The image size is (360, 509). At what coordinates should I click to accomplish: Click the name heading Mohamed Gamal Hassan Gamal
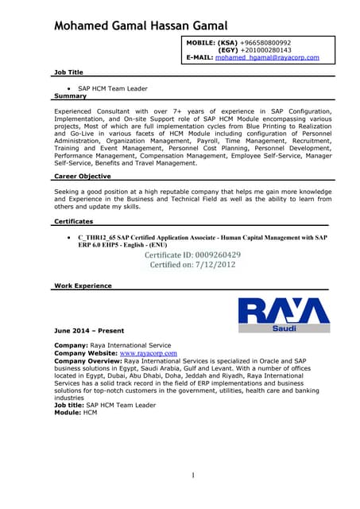point(140,25)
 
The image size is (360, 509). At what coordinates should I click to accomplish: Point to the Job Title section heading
point(69,72)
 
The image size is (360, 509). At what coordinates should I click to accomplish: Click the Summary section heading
point(70,95)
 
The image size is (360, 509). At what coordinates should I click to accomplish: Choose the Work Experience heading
point(83,285)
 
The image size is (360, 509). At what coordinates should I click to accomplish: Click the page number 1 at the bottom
point(192,476)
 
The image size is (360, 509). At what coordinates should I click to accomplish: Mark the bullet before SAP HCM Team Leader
point(71,88)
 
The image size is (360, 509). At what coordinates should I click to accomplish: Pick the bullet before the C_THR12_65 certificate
point(71,237)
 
